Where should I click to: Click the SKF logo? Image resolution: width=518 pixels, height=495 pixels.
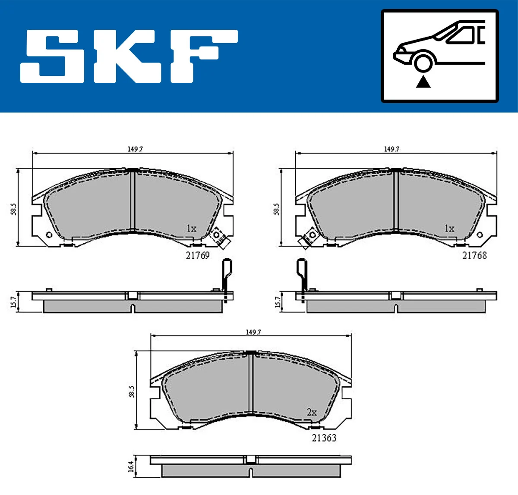[129, 56]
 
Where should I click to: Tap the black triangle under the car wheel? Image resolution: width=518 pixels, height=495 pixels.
[423, 81]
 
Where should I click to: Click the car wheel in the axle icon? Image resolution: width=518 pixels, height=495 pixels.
[423, 62]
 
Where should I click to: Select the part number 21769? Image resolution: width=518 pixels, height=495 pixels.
[197, 255]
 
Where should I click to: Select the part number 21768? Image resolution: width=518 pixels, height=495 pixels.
[474, 255]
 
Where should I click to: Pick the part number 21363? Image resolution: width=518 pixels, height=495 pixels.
[324, 438]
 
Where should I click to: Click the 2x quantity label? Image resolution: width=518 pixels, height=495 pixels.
[311, 413]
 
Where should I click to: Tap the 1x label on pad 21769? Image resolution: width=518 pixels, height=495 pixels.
[191, 229]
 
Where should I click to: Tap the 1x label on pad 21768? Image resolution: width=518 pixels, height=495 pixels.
[449, 229]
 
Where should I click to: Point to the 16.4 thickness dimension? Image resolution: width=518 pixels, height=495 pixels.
[131, 467]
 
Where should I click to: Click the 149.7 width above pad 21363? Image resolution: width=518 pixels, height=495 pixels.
[253, 332]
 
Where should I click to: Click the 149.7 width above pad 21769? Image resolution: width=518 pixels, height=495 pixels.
[135, 149]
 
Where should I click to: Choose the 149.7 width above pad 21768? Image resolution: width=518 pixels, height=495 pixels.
[392, 149]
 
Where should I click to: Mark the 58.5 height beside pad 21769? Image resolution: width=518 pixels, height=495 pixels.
[14, 210]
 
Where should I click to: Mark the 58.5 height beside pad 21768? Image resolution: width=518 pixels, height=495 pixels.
[277, 210]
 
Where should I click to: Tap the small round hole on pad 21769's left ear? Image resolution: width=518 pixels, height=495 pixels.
[48, 235]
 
